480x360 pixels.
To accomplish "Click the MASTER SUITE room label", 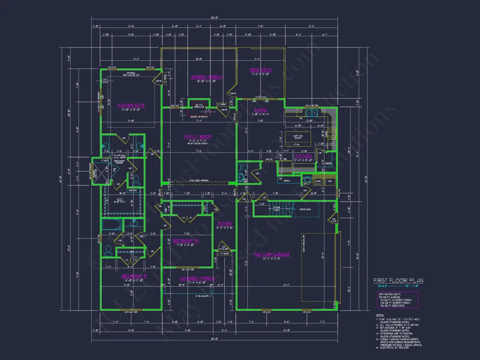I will (131, 106).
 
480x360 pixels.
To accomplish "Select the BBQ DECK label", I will (261, 70).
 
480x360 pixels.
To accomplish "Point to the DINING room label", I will (261, 111).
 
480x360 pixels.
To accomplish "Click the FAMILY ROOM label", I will (197, 137).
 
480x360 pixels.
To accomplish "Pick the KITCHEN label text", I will (304, 156).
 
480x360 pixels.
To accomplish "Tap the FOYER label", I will (224, 224).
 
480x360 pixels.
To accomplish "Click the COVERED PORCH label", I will (197, 278).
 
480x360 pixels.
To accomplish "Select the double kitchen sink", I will (312, 113).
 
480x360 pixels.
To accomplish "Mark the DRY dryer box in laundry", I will (330, 181).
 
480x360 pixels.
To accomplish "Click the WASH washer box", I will (319, 181).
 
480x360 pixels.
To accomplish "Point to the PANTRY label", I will (328, 163).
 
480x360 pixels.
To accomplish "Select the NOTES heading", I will (380, 314).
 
